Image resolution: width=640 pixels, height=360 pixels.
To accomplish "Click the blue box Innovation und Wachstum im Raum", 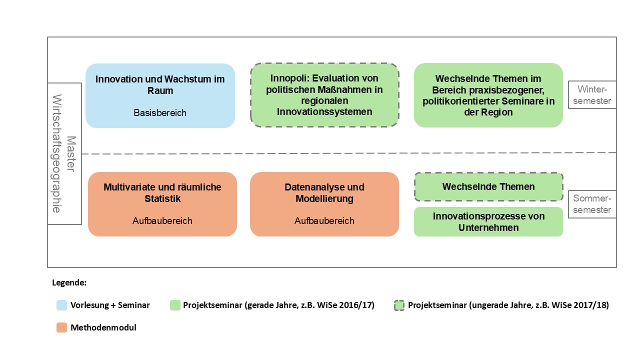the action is tap(160, 95).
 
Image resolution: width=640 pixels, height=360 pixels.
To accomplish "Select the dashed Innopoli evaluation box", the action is tap(324, 95).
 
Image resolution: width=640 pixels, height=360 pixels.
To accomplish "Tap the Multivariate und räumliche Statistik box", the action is tap(162, 204).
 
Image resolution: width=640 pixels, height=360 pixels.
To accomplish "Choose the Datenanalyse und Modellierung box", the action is tap(324, 204).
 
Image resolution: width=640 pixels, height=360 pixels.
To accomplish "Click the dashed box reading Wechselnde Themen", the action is tap(488, 187).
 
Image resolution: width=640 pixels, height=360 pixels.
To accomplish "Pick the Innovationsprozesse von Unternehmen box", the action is tap(488, 221).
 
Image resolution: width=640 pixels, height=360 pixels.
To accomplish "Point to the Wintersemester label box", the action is tap(592, 95).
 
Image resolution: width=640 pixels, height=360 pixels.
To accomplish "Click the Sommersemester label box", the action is tap(592, 204).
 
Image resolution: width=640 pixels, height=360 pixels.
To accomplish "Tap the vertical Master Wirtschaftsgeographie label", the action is tap(64, 153).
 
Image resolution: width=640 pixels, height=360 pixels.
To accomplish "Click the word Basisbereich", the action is tap(160, 113).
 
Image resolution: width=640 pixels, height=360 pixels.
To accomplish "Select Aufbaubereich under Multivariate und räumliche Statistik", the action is tap(162, 221).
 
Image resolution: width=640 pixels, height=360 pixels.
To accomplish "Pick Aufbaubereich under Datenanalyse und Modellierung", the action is tap(324, 221).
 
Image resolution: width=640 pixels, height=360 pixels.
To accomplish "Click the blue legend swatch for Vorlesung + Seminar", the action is tap(61, 305).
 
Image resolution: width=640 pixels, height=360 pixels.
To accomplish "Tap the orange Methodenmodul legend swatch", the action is tap(61, 327).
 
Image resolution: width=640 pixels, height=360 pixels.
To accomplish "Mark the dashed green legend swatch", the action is tap(399, 305).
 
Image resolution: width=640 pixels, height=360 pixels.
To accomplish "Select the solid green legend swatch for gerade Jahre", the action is tap(175, 305).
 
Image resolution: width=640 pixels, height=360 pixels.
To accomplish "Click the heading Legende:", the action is tap(69, 282).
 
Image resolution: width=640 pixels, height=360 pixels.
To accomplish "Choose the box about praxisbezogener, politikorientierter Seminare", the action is tap(488, 95).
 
